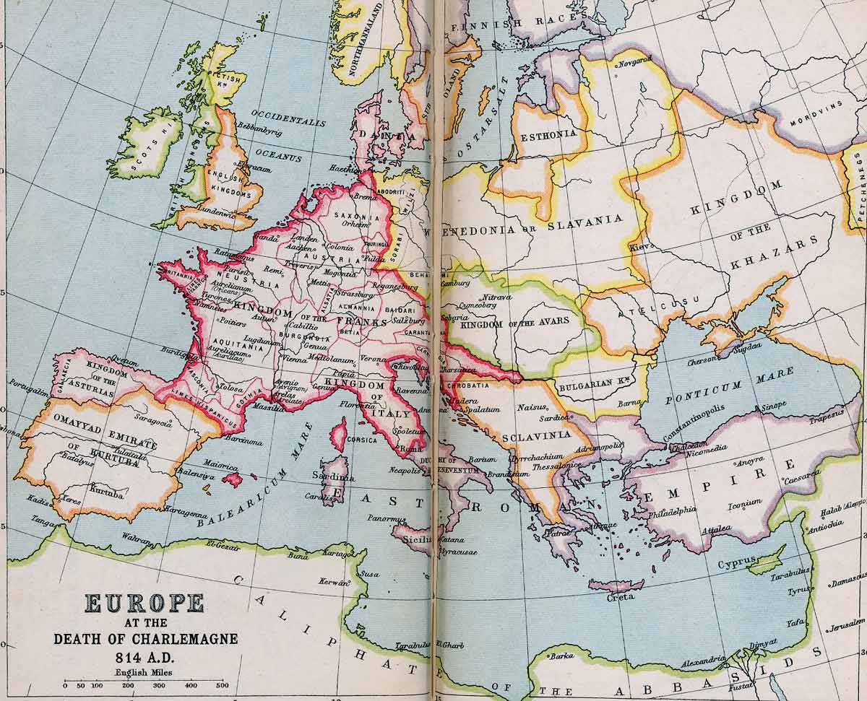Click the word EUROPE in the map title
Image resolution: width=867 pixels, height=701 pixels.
[x=144, y=604]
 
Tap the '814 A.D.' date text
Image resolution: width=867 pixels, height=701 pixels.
[x=145, y=658]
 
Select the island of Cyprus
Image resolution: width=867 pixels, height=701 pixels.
[x=766, y=560]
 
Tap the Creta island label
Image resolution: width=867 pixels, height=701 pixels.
[x=621, y=596]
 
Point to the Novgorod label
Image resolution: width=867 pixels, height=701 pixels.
[x=634, y=61]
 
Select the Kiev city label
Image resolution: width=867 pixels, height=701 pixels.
[x=641, y=246]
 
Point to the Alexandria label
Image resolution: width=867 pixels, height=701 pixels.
[x=702, y=659]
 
